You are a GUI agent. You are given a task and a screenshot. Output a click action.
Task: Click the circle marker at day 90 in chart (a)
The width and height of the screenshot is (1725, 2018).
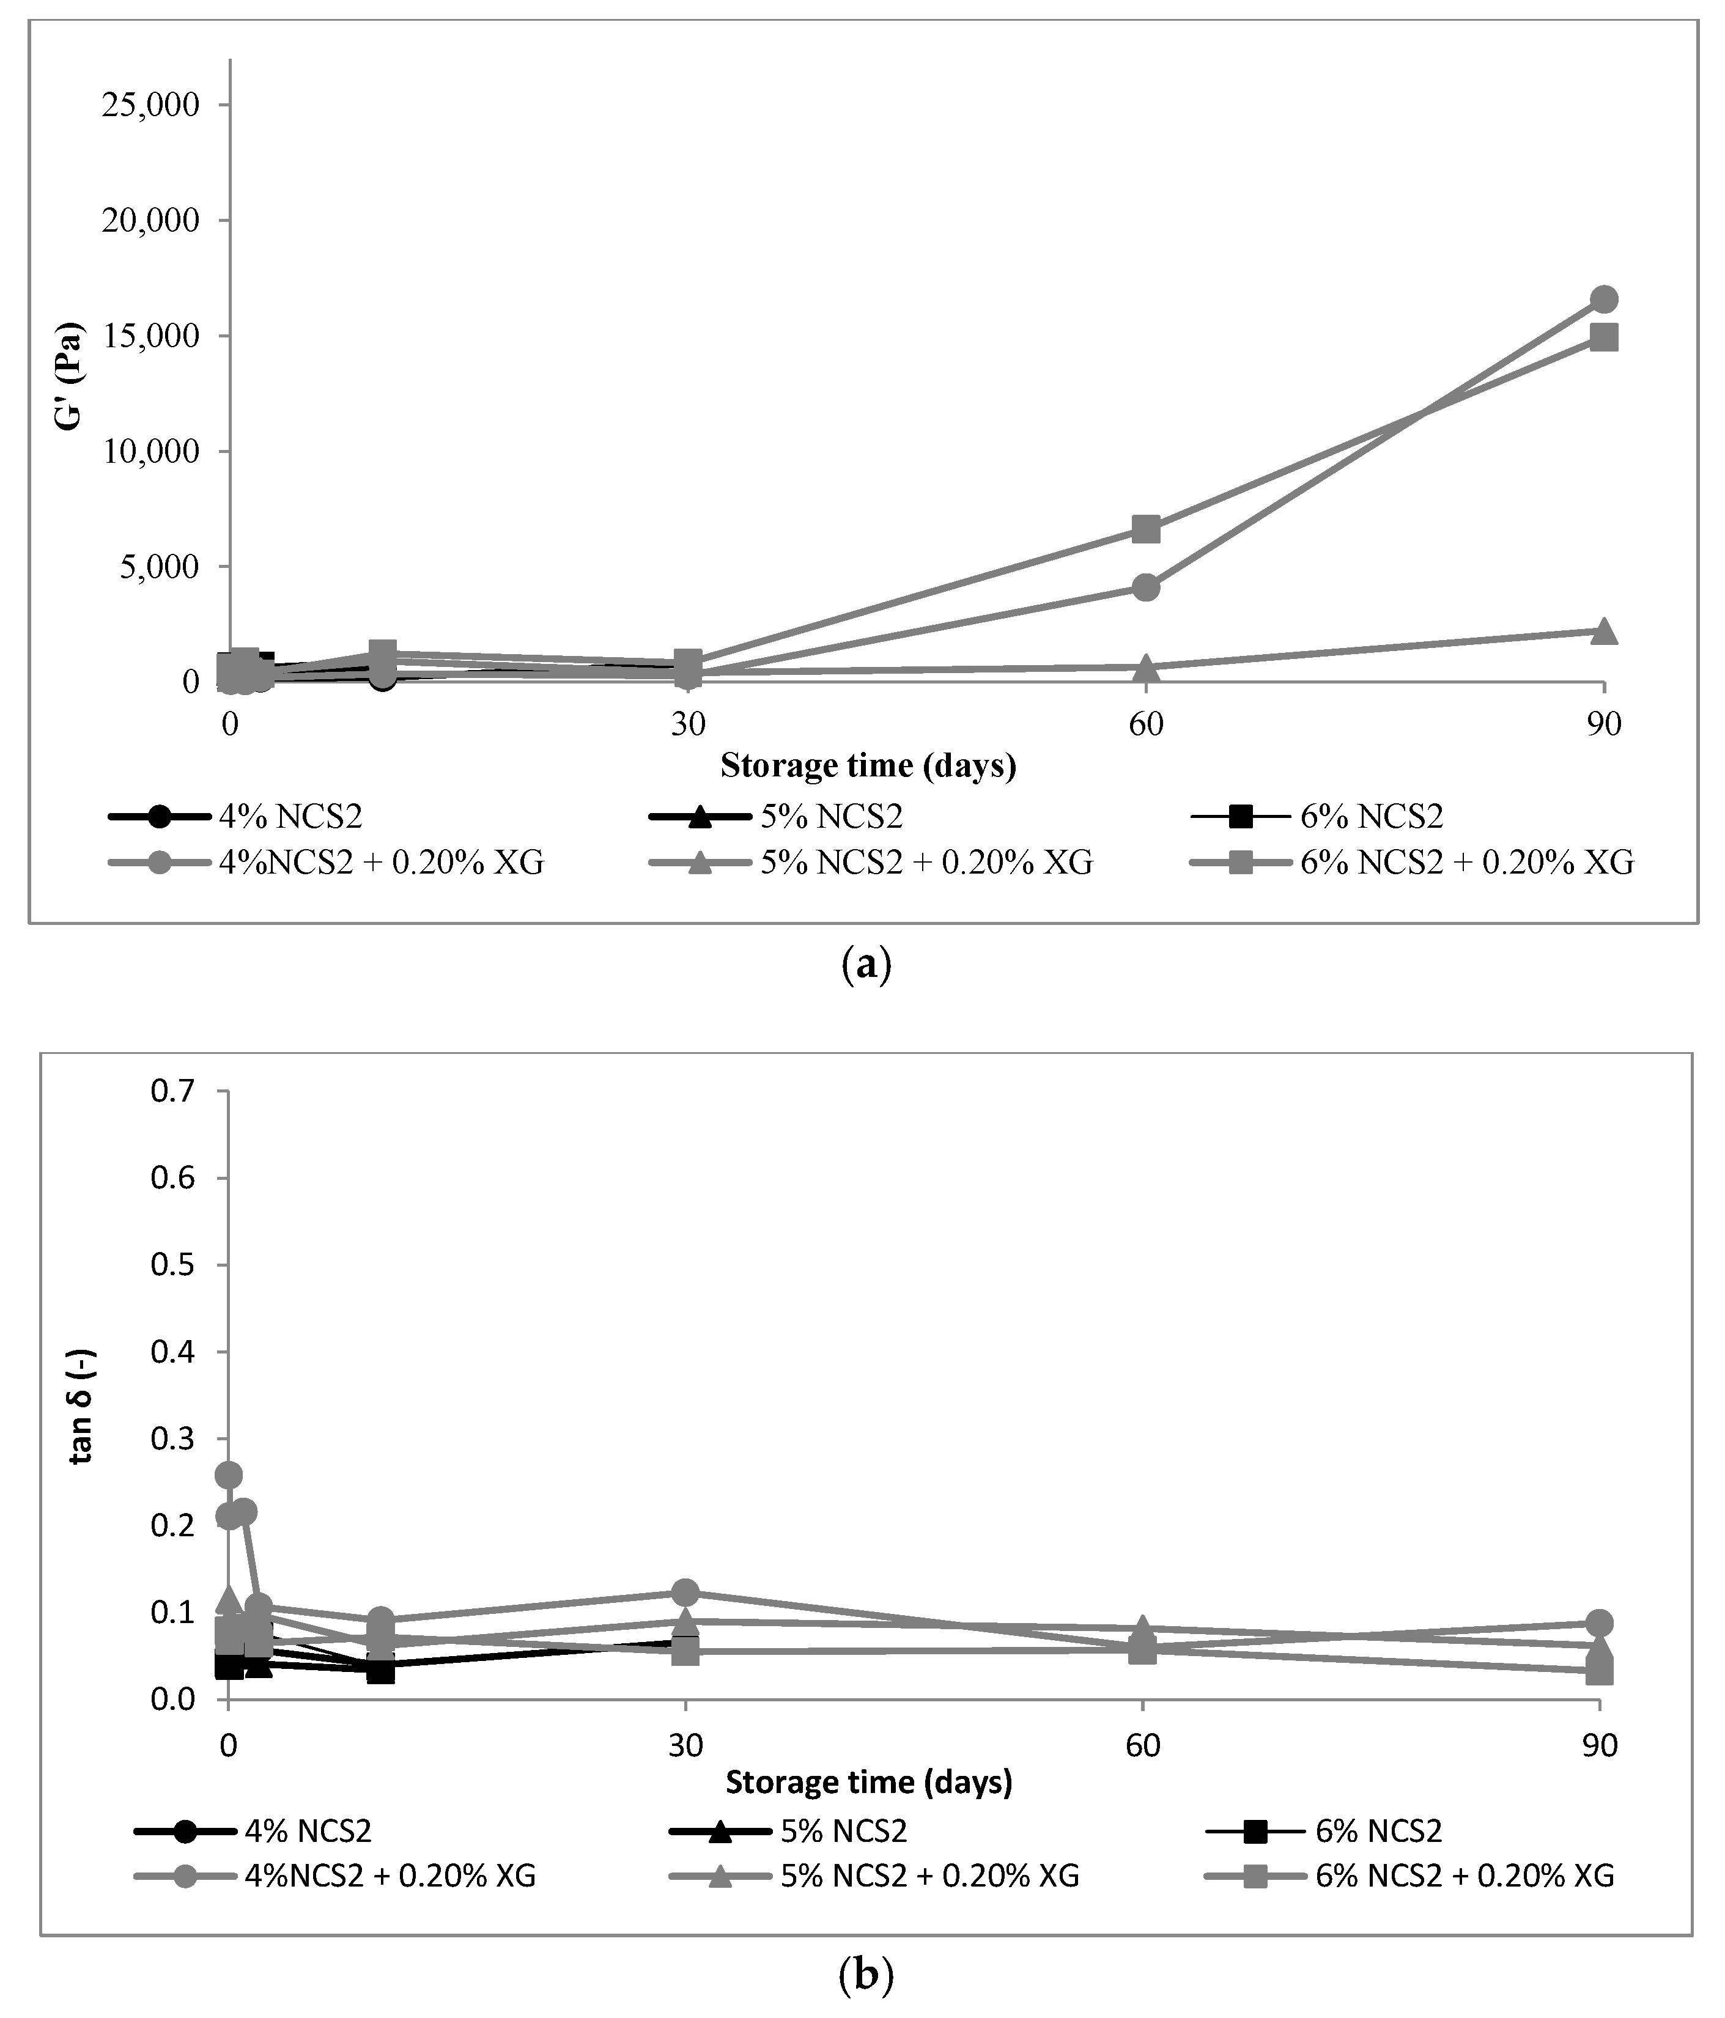[1603, 299]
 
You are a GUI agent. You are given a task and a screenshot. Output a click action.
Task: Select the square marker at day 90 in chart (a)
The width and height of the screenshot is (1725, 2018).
[1603, 338]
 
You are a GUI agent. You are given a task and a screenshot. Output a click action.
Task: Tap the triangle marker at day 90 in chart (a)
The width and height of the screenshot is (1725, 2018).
[1603, 631]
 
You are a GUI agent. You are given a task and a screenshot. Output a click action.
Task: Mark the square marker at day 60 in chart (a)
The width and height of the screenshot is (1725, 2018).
[1145, 530]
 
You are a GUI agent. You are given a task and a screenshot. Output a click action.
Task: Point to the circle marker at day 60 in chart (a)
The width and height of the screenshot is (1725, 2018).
[1145, 587]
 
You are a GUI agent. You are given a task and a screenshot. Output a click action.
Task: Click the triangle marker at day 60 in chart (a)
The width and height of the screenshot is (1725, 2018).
[1145, 667]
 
